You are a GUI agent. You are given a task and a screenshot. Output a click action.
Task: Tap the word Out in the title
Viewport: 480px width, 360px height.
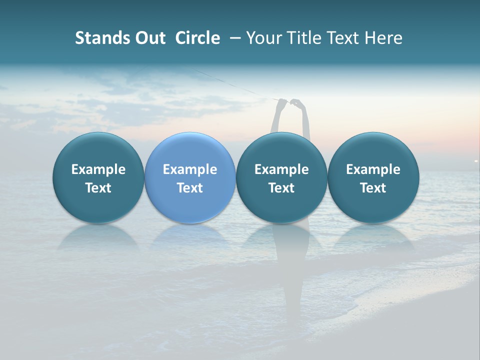[148, 38]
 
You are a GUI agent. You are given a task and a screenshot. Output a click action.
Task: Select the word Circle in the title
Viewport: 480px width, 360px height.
[197, 38]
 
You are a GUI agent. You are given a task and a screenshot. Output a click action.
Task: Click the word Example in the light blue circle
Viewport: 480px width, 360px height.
[190, 169]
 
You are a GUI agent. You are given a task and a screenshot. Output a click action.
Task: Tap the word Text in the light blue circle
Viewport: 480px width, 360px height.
[190, 188]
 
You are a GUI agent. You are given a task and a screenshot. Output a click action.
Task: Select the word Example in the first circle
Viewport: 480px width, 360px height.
[98, 169]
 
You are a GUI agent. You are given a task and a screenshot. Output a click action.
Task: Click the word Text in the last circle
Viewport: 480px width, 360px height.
[373, 188]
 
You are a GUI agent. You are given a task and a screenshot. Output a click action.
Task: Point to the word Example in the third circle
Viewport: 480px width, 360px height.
[281, 169]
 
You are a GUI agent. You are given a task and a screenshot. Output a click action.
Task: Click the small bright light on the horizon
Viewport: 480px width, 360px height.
[475, 160]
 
